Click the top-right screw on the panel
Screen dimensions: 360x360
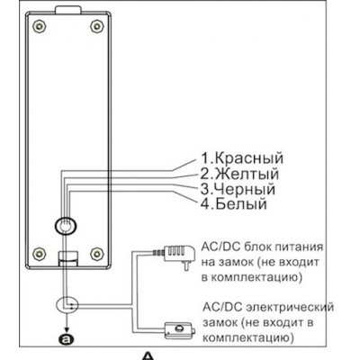coord(96,26)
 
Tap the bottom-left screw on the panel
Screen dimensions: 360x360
coord(39,254)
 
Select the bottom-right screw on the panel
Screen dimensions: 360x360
coord(96,254)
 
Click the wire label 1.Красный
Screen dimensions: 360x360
coord(242,158)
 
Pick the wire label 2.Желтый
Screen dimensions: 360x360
coord(239,174)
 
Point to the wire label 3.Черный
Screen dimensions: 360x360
coord(238,189)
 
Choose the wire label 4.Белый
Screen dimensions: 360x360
coord(233,204)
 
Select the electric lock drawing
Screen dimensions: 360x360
coord(179,330)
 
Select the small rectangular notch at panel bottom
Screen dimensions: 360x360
coord(67,258)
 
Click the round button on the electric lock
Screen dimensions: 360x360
coord(180,328)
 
